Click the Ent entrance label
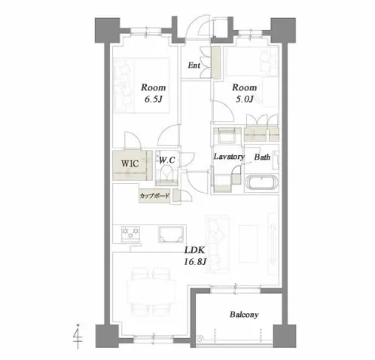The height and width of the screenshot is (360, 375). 194,66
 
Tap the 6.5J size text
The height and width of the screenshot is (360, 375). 153,99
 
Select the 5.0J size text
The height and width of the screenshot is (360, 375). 244,99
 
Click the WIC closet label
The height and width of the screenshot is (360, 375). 130,163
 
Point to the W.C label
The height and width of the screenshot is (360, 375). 167,160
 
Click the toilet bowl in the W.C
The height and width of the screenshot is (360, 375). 166,173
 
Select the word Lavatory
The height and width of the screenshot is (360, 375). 229,157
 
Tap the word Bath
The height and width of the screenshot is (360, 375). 262,157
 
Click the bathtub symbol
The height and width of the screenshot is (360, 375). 262,182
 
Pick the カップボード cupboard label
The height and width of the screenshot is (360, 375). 154,196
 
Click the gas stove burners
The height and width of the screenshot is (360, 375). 130,233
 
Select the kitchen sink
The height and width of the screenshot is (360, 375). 170,234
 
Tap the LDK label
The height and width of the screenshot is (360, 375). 195,250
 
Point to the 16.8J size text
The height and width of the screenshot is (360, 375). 195,262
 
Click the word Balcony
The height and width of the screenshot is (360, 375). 244,315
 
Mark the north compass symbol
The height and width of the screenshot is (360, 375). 78,337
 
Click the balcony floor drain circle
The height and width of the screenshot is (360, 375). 200,340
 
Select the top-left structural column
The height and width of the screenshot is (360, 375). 107,30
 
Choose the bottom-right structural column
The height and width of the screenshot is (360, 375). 285,336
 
